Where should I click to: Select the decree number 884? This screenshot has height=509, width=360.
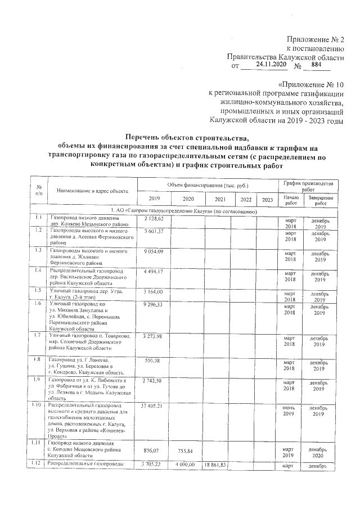pyautogui.click(x=316, y=65)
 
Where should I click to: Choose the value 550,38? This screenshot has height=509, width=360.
pyautogui.click(x=154, y=360)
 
